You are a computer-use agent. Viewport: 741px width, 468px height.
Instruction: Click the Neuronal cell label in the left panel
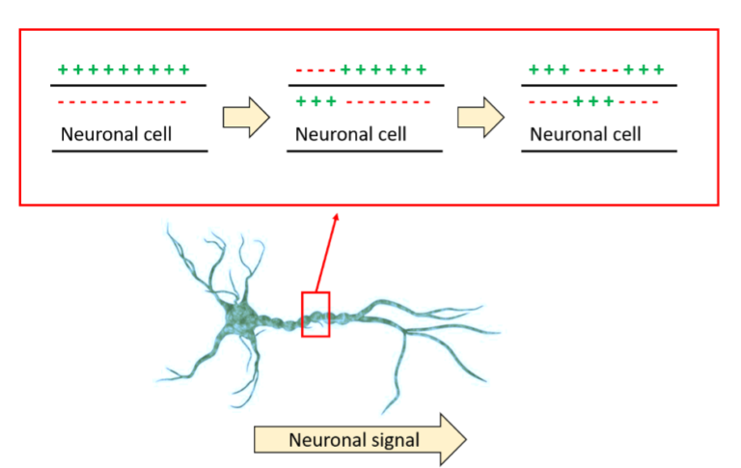pos(116,134)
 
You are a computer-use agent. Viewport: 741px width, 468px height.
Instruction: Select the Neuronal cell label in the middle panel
pos(351,134)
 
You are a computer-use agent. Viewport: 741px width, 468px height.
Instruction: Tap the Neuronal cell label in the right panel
pos(586,134)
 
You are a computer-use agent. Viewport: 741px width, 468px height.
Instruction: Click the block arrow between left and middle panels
pos(245,116)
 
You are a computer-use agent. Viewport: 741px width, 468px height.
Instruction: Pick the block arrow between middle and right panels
pos(480,116)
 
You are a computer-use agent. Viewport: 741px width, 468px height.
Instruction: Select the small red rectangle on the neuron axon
pos(316,315)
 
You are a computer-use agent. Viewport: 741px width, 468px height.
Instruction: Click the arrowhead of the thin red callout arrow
pos(337,216)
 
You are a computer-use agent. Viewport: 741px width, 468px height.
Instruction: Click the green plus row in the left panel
pos(123,70)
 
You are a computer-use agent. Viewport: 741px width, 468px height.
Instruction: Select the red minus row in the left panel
pos(123,101)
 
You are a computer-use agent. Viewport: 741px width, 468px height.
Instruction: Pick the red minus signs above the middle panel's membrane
pos(316,70)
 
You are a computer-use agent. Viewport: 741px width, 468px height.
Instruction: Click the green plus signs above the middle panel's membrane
pos(383,70)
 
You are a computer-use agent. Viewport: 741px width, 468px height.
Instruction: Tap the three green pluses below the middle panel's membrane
pos(316,101)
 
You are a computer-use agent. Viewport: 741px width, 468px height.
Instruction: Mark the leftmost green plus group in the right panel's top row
pos(549,70)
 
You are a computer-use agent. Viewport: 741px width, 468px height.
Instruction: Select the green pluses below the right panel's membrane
pos(593,101)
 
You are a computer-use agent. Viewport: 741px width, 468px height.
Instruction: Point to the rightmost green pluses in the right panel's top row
pos(644,70)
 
